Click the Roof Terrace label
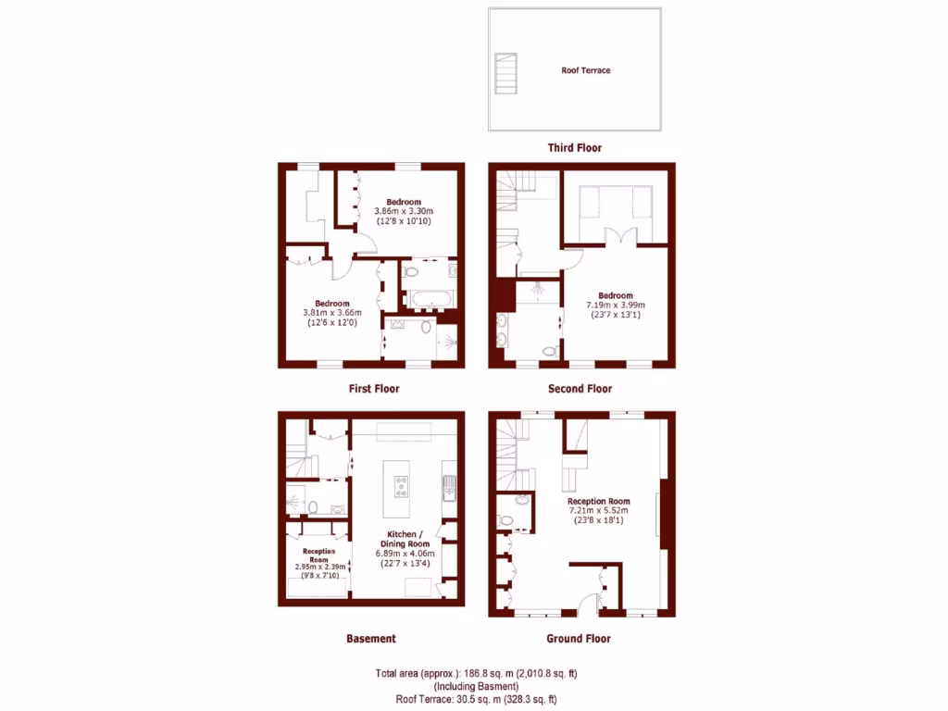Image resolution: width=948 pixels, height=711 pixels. [x=585, y=70]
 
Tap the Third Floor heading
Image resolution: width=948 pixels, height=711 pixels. [x=574, y=148]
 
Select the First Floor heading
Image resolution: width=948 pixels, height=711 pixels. [x=374, y=389]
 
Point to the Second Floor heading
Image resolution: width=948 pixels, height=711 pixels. [x=580, y=389]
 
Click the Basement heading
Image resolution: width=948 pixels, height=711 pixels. [x=370, y=639]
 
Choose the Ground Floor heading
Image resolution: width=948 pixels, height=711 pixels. [x=578, y=639]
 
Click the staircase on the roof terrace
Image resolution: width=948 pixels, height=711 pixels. [x=505, y=73]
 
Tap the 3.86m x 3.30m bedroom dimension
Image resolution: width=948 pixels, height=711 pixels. [x=404, y=212]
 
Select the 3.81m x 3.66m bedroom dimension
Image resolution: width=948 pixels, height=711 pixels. [x=331, y=313]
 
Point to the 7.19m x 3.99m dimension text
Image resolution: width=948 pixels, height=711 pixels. [x=615, y=305]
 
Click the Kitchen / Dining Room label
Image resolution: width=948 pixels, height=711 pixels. [x=405, y=539]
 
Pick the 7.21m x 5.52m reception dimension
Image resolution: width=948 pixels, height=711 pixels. [x=598, y=510]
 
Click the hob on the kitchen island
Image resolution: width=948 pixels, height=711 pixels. [x=402, y=486]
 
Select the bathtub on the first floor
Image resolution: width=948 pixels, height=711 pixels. [x=429, y=299]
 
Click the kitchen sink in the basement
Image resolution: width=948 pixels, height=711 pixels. [x=449, y=483]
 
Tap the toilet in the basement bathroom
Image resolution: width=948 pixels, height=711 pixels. [x=314, y=506]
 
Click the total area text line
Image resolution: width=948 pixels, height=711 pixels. [x=476, y=673]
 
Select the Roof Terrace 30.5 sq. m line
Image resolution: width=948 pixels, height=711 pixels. [x=476, y=700]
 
